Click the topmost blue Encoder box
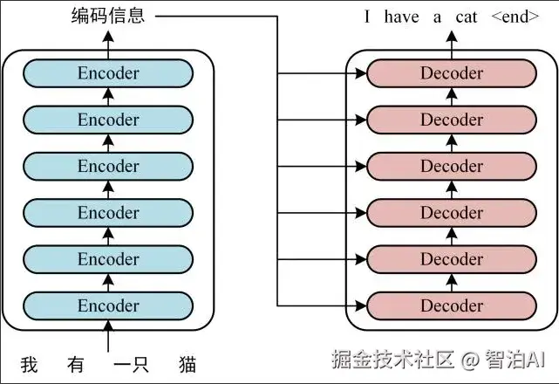pos(108,73)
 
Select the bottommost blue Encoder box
pos(108,305)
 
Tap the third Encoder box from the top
pos(108,166)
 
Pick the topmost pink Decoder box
pos(452,73)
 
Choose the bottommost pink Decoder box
pos(452,305)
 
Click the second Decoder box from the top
pos(452,120)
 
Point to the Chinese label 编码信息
pos(108,17)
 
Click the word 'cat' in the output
pos(467,17)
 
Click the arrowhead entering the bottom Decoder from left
pos(361,305)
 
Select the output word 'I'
pos(368,17)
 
